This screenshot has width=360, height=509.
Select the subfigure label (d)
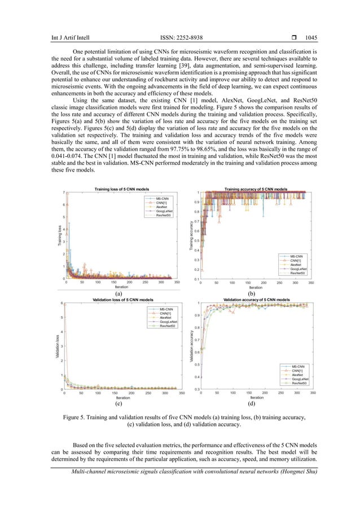pyautogui.click(x=252, y=405)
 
